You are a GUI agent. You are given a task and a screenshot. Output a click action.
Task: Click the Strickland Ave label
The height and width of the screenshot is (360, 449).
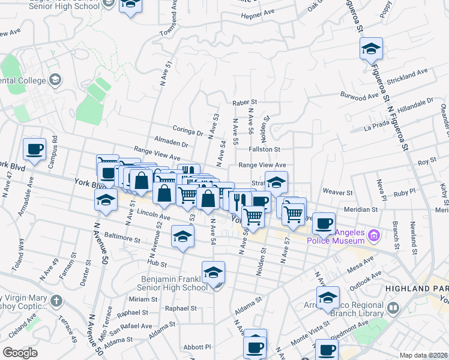407,75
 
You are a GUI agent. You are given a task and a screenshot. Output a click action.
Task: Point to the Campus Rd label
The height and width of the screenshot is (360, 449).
55,145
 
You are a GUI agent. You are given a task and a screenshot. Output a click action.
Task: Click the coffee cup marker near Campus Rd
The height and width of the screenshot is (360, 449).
34,150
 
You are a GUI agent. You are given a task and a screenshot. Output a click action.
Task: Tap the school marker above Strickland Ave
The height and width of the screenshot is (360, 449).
372,49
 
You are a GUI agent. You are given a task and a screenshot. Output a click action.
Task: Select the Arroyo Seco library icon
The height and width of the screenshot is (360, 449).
393,308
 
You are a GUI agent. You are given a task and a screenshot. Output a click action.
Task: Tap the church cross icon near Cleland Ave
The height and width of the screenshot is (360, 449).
56,301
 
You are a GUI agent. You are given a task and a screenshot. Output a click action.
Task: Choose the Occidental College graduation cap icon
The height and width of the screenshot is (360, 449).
55,79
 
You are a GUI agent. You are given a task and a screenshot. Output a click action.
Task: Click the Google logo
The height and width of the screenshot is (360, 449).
20,353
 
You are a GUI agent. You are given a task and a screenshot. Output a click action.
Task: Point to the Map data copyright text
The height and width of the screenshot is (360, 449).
423,355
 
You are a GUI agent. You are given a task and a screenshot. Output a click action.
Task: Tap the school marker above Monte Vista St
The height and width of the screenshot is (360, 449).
328,298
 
